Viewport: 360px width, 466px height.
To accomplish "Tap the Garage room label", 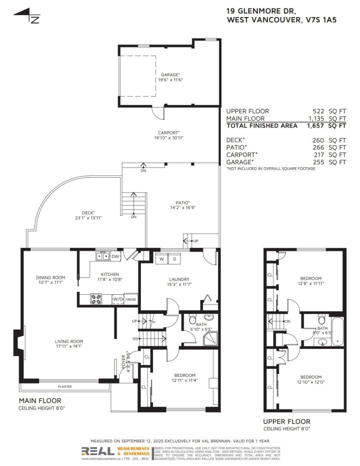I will [x=170, y=75].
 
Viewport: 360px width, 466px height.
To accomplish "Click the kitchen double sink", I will [x=103, y=257].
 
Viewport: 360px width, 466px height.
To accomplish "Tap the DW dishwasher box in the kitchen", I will [x=116, y=257].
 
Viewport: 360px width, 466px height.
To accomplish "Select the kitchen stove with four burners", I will [x=96, y=299].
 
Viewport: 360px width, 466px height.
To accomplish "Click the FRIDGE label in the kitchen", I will [x=131, y=299].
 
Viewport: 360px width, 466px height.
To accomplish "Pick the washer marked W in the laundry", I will [x=162, y=259].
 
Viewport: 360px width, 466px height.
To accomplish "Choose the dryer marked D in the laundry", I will [x=175, y=259].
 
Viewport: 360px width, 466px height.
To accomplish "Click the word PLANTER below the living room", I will [x=64, y=386].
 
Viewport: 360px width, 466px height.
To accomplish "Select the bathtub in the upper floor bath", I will [x=337, y=332].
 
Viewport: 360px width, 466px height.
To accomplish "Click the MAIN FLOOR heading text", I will [x=40, y=400].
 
